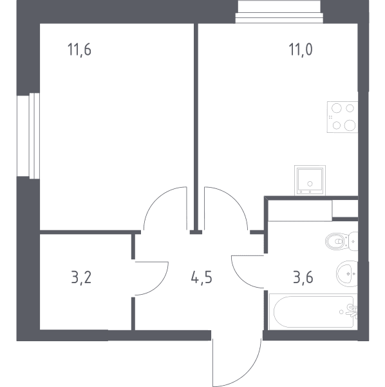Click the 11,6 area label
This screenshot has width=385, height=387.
pyautogui.click(x=79, y=50)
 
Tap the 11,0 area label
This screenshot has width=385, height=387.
pyautogui.click(x=301, y=50)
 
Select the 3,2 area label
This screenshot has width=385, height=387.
pyautogui.click(x=81, y=277)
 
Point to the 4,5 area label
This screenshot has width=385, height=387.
pyautogui.click(x=202, y=277)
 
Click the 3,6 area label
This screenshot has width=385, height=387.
pyautogui.click(x=303, y=277)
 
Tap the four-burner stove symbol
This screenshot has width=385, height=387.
pyautogui.click(x=343, y=117)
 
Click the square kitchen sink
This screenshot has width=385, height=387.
pyautogui.click(x=310, y=180)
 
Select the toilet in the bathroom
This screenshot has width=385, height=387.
pyautogui.click(x=341, y=241)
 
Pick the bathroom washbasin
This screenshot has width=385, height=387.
pyautogui.click(x=347, y=273)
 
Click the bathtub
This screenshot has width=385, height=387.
pyautogui.click(x=313, y=312)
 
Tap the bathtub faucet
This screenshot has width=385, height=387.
pyautogui.click(x=352, y=312)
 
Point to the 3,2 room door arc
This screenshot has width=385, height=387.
pyautogui.click(x=163, y=283)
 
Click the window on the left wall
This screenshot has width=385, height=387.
pyautogui.click(x=28, y=135)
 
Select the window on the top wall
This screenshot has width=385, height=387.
pyautogui.click(x=279, y=12)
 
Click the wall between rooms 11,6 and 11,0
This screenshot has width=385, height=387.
pyautogui.click(x=196, y=126)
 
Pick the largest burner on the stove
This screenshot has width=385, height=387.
pyautogui.click(x=350, y=125)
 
